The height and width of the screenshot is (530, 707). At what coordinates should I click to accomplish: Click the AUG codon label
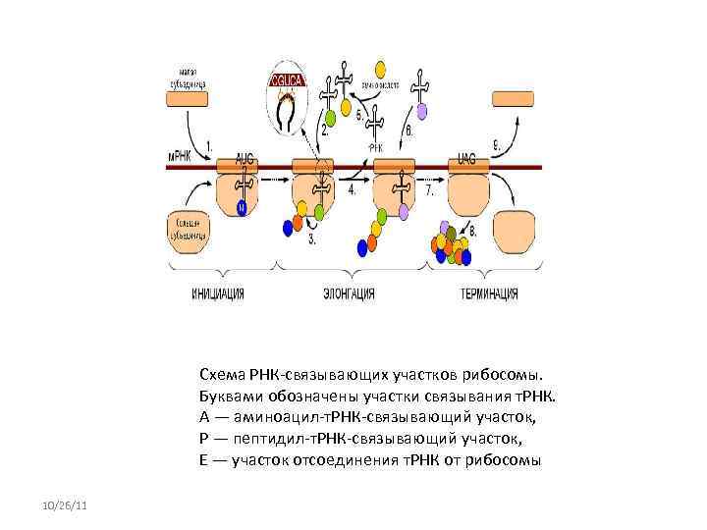(245, 157)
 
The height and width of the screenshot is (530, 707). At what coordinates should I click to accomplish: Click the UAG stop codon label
(467, 157)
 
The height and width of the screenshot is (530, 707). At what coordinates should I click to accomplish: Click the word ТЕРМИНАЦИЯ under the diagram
(489, 293)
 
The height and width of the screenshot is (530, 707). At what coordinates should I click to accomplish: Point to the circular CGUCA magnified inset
(289, 96)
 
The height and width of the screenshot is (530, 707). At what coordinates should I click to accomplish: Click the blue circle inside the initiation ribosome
(243, 207)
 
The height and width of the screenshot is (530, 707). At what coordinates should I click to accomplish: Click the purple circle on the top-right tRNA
(420, 96)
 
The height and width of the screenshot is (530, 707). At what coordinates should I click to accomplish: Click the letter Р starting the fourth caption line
(202, 433)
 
